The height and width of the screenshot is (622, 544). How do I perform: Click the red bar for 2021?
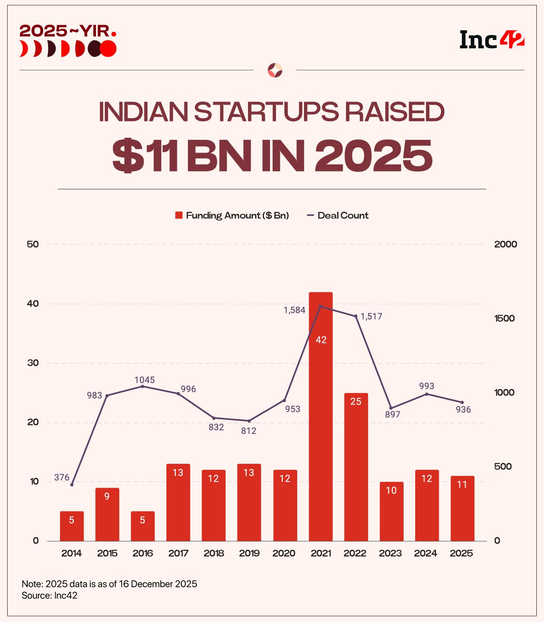coord(320,415)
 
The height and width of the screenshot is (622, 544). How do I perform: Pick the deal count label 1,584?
coord(294,310)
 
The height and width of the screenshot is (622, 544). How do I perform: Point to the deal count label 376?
coord(62,477)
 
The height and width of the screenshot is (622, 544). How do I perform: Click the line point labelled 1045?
coord(142,386)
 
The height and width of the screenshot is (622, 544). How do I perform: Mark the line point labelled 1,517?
coord(356,316)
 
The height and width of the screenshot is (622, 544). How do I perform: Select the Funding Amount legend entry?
coord(232,216)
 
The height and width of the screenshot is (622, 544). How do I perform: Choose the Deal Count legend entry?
coord(338,216)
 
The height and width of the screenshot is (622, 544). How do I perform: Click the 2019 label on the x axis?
coord(249,553)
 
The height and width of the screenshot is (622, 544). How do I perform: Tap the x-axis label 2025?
coord(461,553)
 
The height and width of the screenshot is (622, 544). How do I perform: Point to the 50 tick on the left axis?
coord(32,244)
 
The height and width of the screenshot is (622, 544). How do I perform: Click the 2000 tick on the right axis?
coord(506,244)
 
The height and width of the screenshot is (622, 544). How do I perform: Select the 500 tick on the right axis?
coord(503,467)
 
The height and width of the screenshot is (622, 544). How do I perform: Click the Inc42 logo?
coord(492,40)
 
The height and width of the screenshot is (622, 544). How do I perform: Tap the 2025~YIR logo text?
coord(68,31)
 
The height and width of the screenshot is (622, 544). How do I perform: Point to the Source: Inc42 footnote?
coord(50,595)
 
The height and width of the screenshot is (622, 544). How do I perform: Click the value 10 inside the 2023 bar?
coord(391,490)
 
